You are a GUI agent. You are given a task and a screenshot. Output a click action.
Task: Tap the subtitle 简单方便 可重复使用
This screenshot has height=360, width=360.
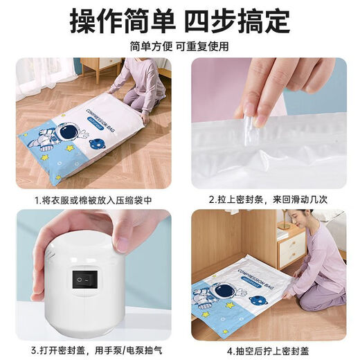(x=179, y=46)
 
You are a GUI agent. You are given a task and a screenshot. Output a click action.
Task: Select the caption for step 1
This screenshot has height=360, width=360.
(x=93, y=200)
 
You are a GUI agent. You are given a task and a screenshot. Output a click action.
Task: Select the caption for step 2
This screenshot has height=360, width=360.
(x=267, y=200)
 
